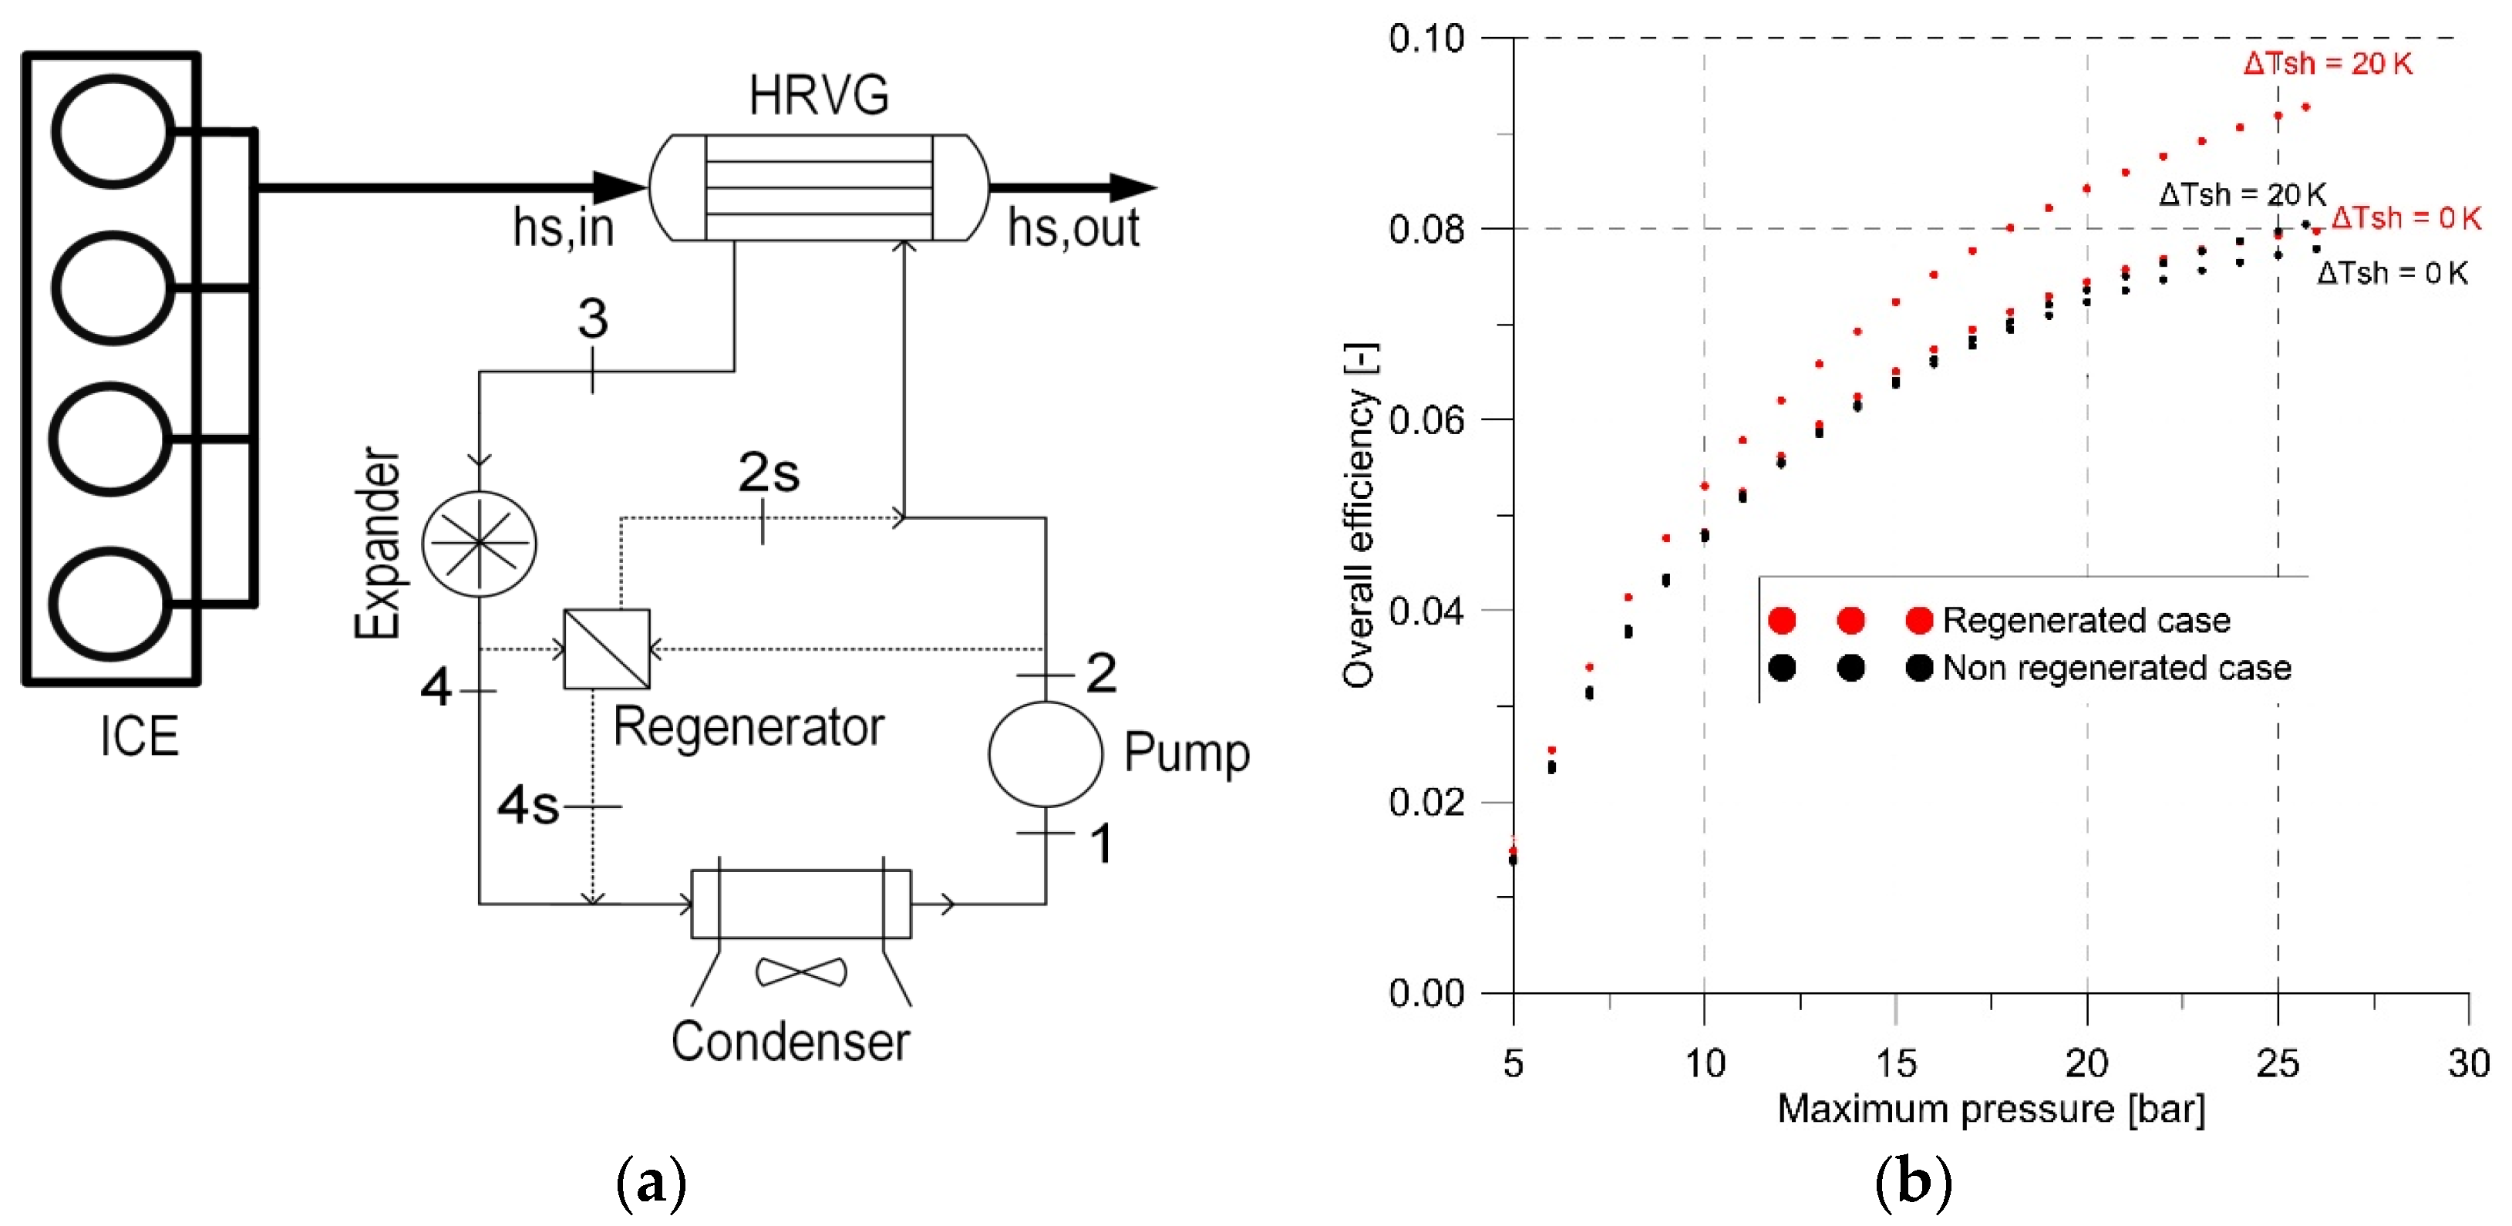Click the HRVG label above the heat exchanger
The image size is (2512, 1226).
(818, 96)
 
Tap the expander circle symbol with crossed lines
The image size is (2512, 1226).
(479, 544)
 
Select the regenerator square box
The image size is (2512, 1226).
(607, 648)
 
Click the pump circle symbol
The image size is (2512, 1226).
(1046, 754)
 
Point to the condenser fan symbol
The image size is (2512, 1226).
(802, 972)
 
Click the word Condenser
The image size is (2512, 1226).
(790, 1041)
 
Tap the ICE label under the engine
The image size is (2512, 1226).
(140, 736)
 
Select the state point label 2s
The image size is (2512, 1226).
(769, 473)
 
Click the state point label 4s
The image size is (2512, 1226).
(527, 806)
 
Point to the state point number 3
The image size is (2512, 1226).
(593, 318)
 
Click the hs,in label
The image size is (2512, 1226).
(564, 228)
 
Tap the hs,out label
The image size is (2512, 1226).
(1072, 228)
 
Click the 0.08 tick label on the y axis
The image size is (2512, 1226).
(1426, 231)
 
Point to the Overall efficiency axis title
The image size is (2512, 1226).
(1359, 516)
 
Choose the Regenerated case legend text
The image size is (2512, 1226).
(2086, 620)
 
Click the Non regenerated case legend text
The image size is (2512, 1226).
(2116, 668)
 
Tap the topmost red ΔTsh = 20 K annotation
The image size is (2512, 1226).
(2327, 63)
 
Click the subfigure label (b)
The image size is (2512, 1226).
(1912, 1182)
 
